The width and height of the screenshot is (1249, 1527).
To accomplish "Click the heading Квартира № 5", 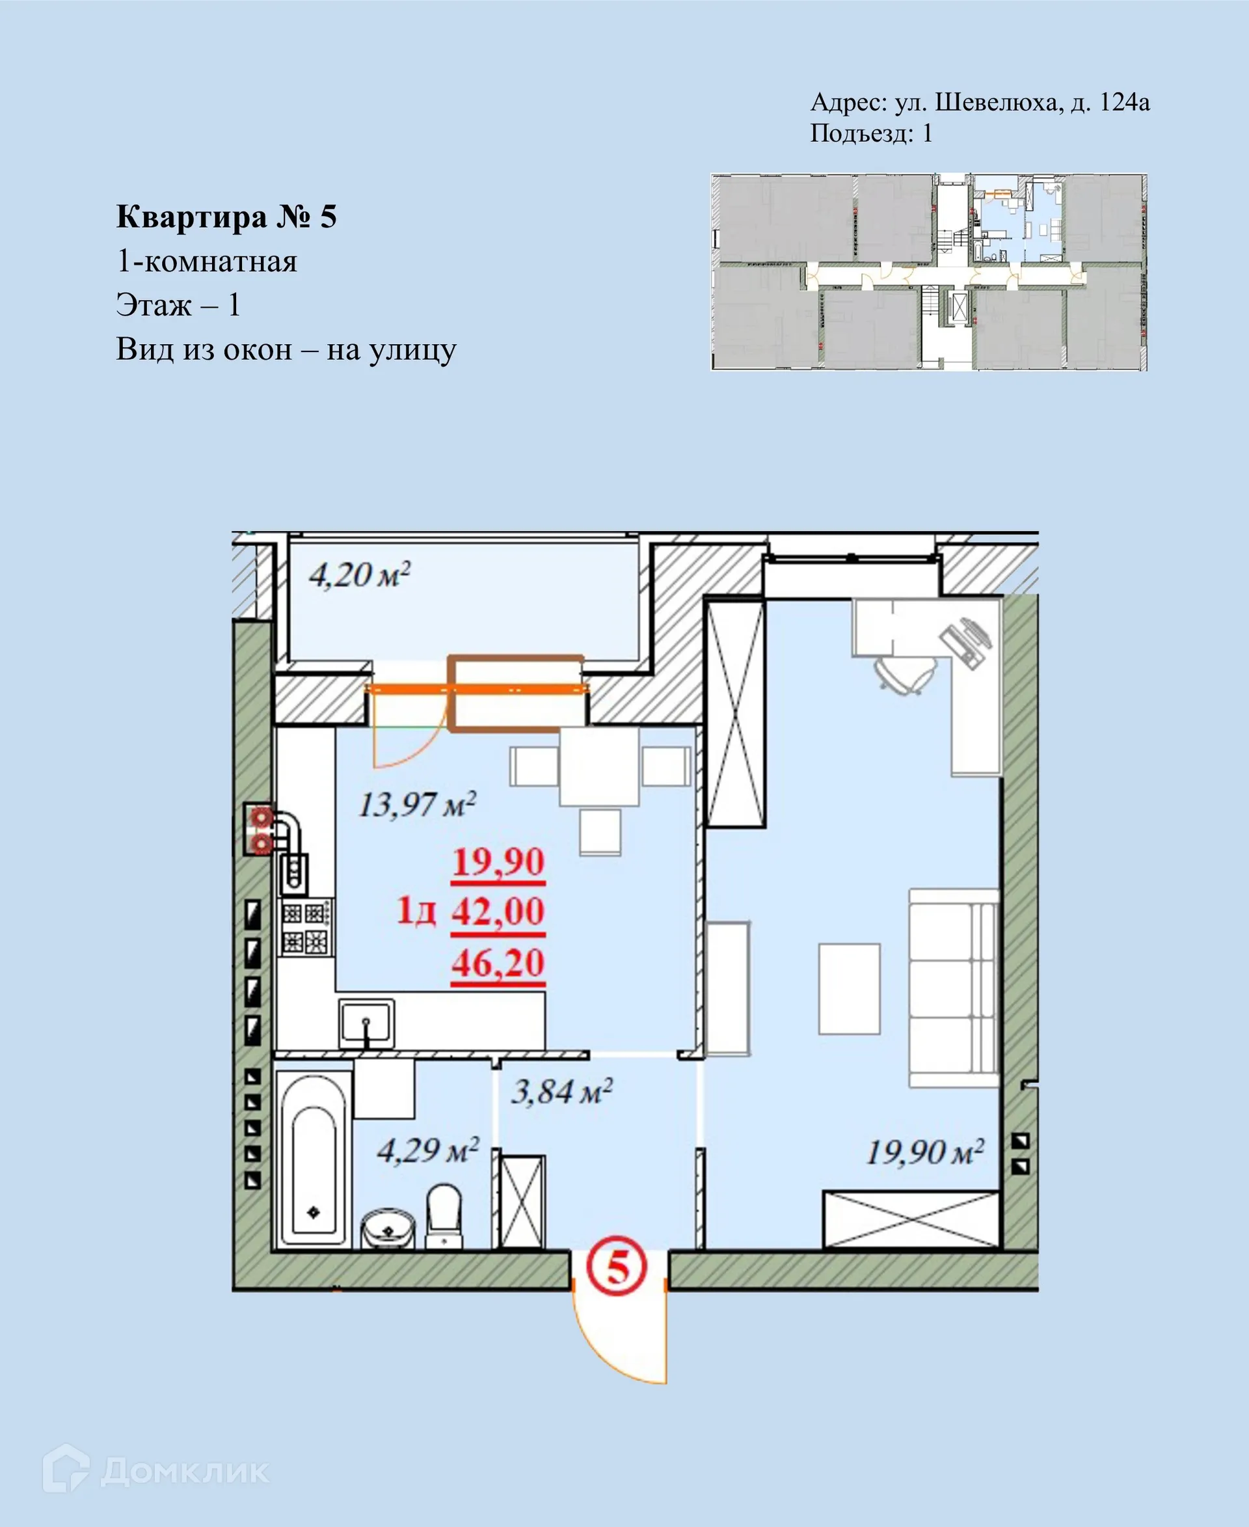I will pos(226,217).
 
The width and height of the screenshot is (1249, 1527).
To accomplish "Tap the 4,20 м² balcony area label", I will pos(359,575).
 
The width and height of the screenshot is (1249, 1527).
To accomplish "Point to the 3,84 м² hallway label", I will pos(561,1092).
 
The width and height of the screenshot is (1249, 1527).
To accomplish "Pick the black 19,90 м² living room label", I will pos(924,1152).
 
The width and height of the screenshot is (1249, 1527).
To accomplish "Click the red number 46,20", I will pos(498,963).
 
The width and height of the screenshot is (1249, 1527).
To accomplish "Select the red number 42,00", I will pos(498,911).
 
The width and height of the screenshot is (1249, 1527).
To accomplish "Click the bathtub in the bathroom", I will pos(314,1159).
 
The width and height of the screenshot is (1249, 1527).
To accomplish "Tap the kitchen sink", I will pos(366,1023).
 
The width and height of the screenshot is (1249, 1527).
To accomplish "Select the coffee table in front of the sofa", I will pos(849,989).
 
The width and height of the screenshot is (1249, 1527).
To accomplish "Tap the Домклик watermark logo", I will pos(155,1471).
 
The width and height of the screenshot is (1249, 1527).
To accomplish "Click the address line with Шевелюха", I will pos(979,102).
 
